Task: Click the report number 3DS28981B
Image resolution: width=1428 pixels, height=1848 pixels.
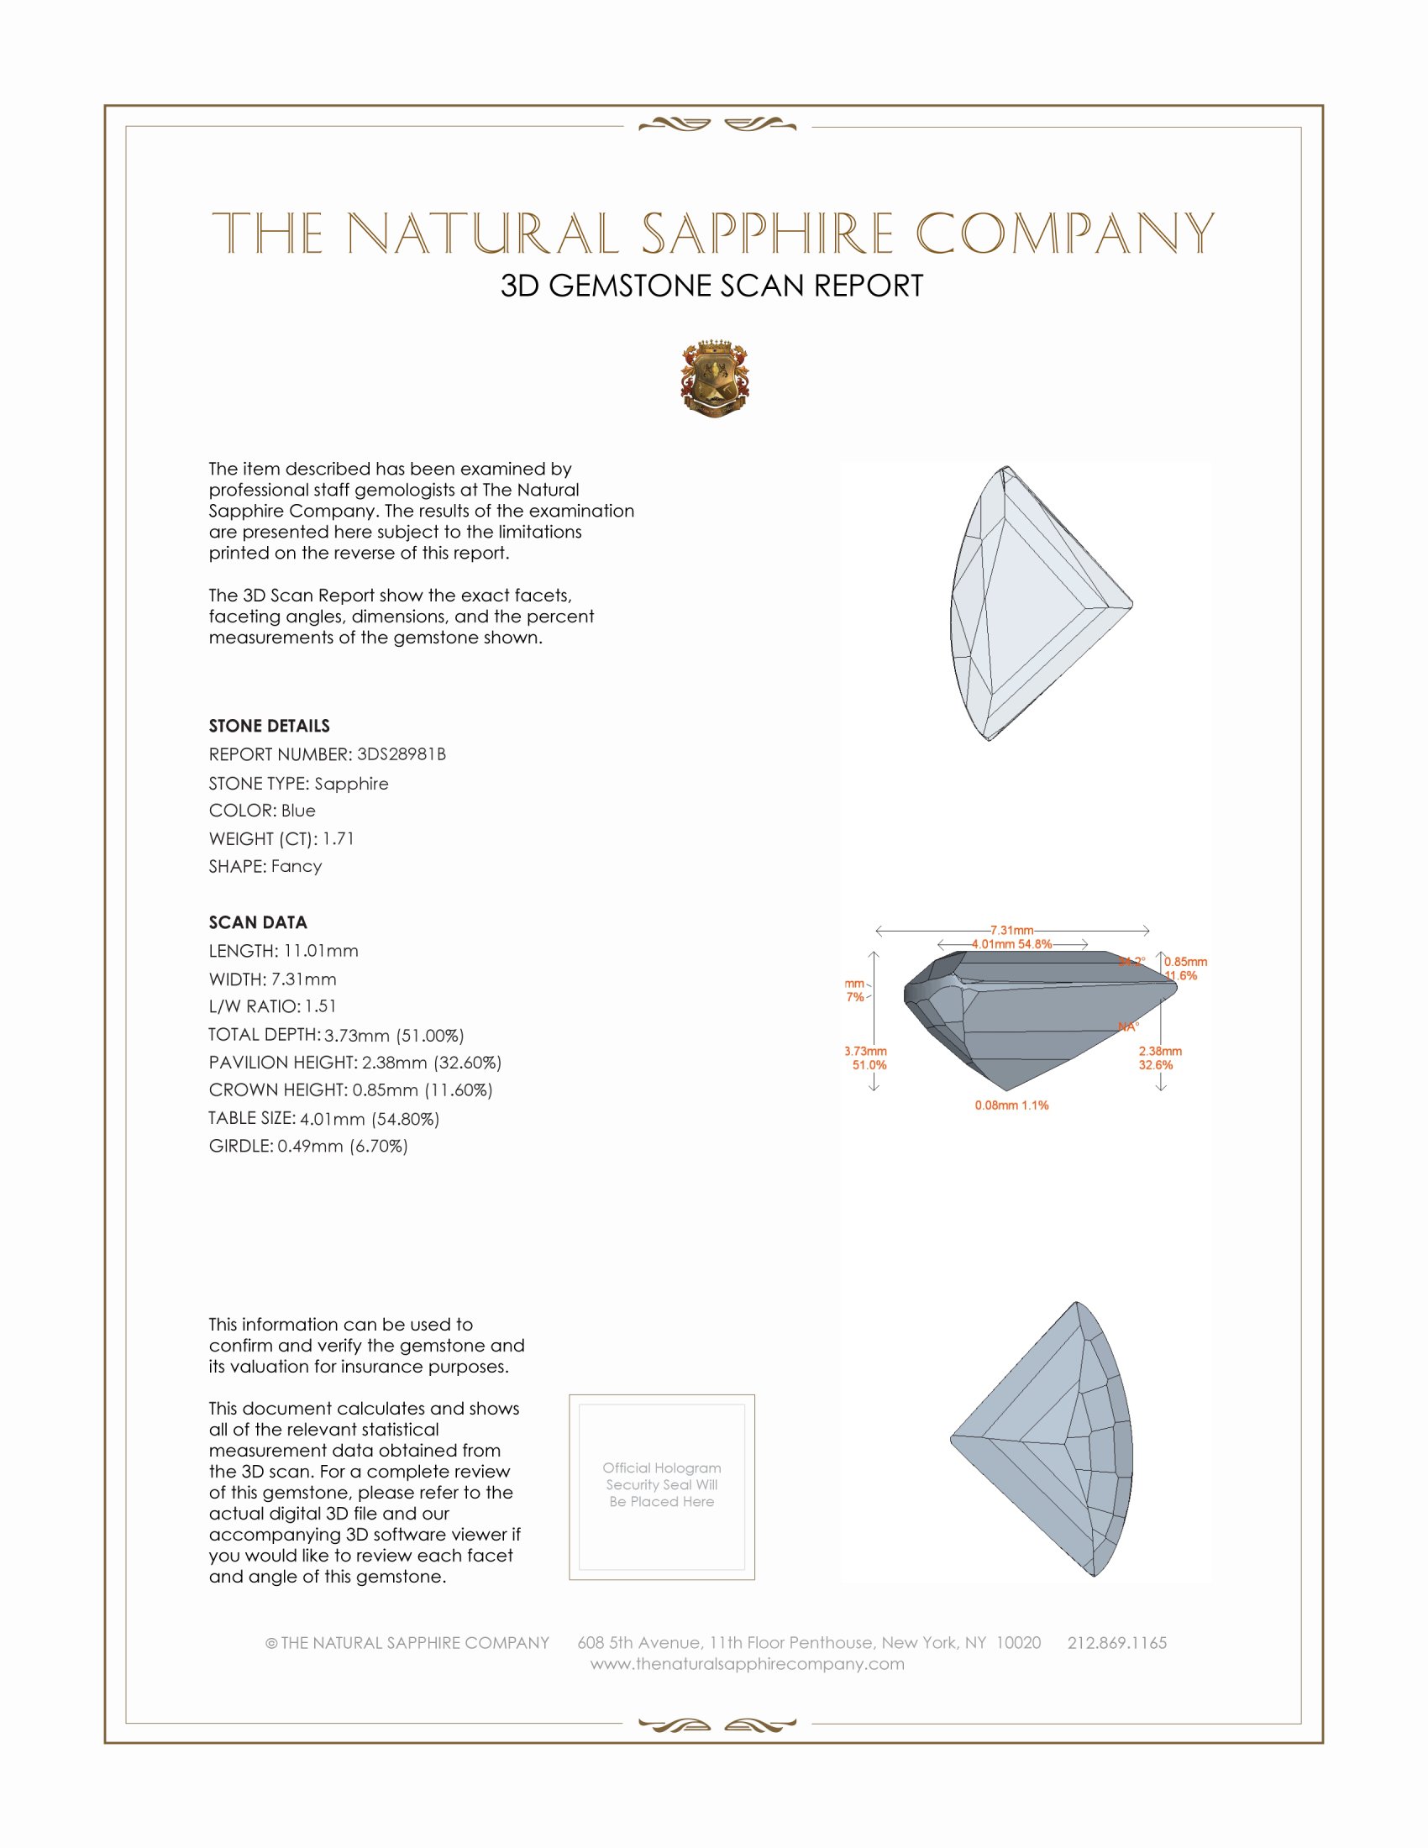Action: (x=401, y=754)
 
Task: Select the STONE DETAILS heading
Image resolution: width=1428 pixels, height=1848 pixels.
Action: (x=269, y=726)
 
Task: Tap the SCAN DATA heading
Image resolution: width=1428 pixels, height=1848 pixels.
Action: (x=258, y=922)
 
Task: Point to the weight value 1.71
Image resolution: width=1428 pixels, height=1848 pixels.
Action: (x=339, y=838)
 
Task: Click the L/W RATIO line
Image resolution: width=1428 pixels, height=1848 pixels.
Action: (x=272, y=1006)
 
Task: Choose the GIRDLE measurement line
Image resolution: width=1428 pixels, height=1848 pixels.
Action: (x=308, y=1146)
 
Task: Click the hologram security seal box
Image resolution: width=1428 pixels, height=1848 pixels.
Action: (x=662, y=1487)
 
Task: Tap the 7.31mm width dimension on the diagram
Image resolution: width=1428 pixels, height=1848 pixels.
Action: (x=1012, y=930)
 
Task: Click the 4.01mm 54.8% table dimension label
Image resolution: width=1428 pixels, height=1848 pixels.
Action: (x=1012, y=944)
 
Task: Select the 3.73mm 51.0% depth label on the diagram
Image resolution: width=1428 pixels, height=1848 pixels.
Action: (x=865, y=1058)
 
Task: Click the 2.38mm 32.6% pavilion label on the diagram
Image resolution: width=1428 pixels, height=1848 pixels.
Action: (x=1159, y=1058)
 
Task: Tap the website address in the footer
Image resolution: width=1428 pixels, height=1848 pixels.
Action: (x=747, y=1663)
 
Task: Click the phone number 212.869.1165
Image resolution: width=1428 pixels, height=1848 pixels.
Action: (x=1116, y=1642)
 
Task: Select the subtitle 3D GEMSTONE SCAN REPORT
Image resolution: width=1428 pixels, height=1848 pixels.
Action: (x=711, y=286)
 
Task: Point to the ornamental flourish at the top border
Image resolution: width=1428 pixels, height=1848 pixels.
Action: (x=717, y=125)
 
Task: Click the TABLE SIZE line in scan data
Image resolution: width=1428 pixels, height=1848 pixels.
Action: (x=324, y=1119)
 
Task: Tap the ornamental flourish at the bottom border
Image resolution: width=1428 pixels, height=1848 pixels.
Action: (x=717, y=1724)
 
